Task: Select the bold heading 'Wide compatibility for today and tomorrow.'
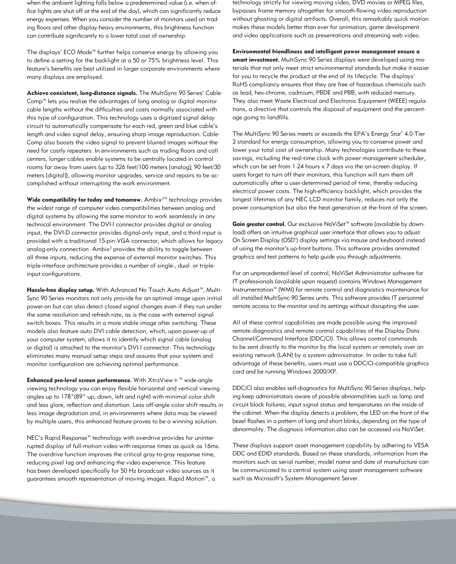[85, 200]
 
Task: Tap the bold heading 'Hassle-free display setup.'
[60, 290]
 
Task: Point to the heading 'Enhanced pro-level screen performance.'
[79, 380]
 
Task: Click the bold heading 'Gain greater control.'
[259, 224]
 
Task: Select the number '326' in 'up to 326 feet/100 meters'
[120, 167]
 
